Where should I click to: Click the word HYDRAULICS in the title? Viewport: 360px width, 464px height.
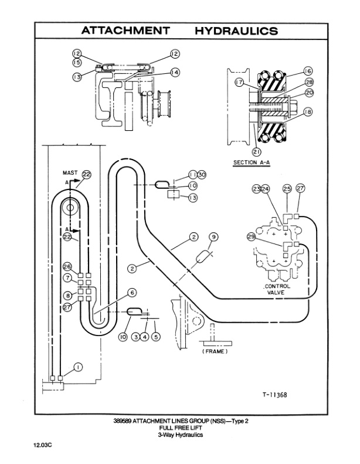(x=236, y=31)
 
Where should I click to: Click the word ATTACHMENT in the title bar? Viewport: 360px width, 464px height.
(x=125, y=31)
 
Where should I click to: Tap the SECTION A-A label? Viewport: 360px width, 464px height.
(x=252, y=162)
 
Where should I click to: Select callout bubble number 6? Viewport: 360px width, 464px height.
(x=133, y=292)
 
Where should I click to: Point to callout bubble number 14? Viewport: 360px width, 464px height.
(x=175, y=72)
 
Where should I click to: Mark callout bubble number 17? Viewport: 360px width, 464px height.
(x=239, y=83)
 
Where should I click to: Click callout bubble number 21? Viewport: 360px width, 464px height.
(x=256, y=153)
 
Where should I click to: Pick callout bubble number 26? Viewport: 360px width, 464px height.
(x=67, y=266)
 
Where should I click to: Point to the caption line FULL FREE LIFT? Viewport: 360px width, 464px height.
(x=179, y=428)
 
